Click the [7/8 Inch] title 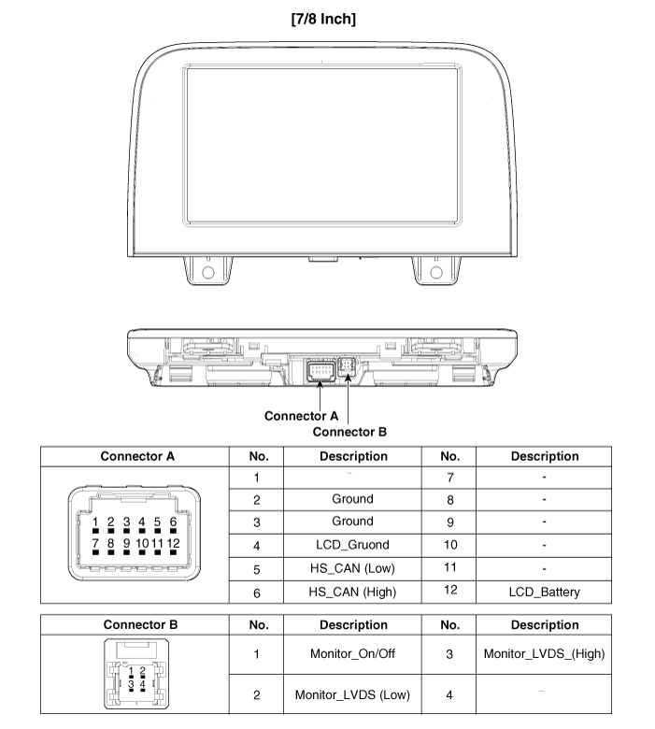pyautogui.click(x=323, y=18)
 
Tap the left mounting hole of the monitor pyautogui.click(x=207, y=272)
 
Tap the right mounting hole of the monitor pyautogui.click(x=435, y=272)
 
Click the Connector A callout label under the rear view pyautogui.click(x=301, y=415)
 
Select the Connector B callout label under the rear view pyautogui.click(x=349, y=432)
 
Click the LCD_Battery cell pyautogui.click(x=544, y=592)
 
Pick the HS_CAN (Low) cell pyautogui.click(x=352, y=568)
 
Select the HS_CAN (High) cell pyautogui.click(x=352, y=592)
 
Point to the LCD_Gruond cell pyautogui.click(x=352, y=545)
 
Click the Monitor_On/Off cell pyautogui.click(x=352, y=653)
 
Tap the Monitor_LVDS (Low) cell pyautogui.click(x=352, y=694)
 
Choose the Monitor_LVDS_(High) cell pyautogui.click(x=544, y=653)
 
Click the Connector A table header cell pyautogui.click(x=137, y=457)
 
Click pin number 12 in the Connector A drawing pyautogui.click(x=173, y=542)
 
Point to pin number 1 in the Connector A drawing pyautogui.click(x=95, y=522)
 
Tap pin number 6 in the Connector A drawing pyautogui.click(x=173, y=522)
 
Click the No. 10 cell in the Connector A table pyautogui.click(x=449, y=545)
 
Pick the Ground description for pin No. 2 pyautogui.click(x=352, y=499)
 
